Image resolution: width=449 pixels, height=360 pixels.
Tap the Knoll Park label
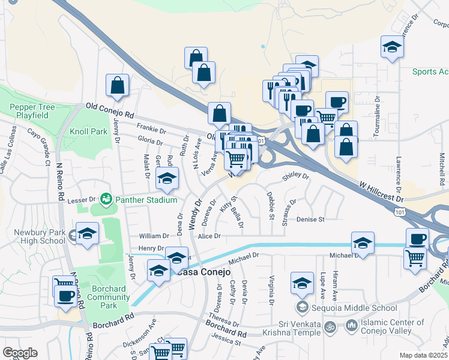pos(88,131)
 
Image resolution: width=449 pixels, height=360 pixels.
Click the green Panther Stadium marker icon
pos(107,198)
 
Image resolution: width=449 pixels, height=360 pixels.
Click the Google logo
pos(20,352)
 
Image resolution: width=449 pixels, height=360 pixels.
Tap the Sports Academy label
pos(430,72)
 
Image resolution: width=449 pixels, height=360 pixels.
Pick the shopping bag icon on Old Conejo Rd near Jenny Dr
pos(117,86)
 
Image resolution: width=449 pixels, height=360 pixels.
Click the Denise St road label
pos(310,220)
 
